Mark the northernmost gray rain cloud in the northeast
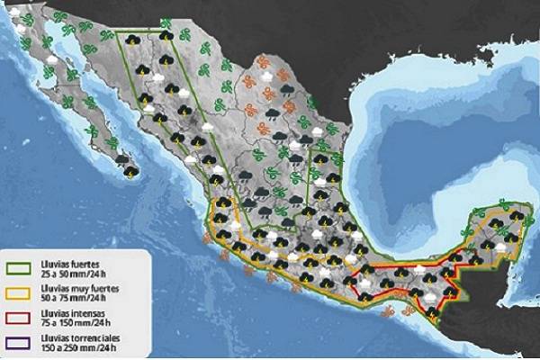tap(283, 90)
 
